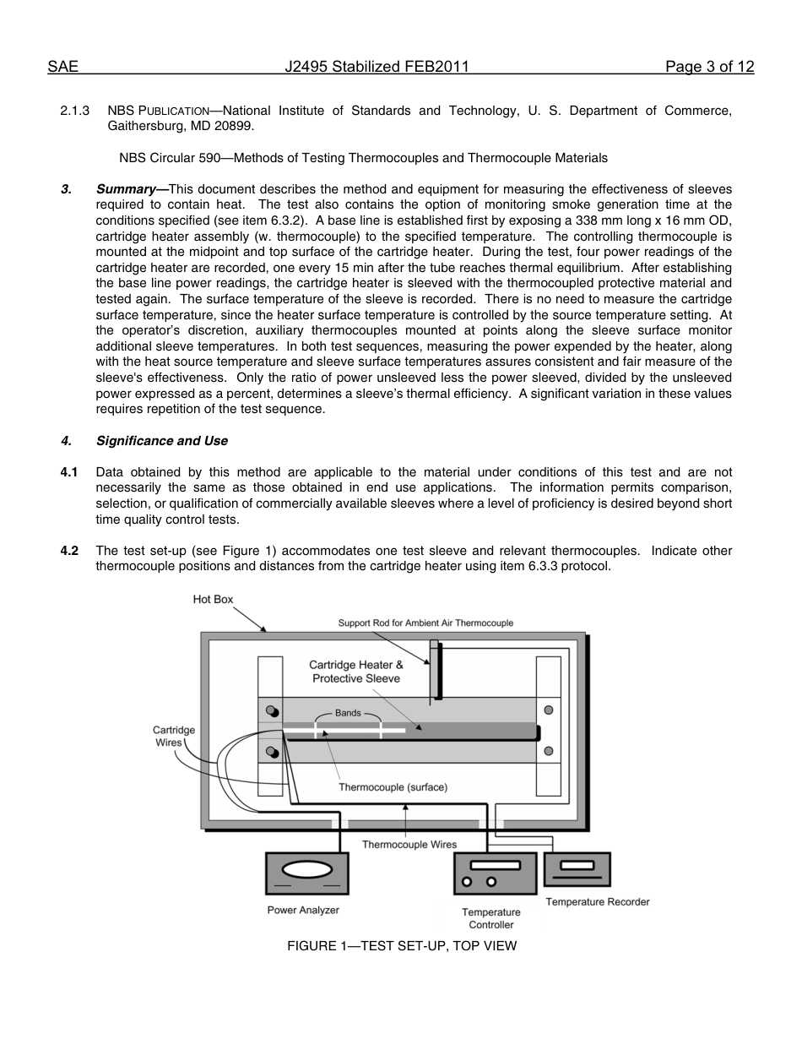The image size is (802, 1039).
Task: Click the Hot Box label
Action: click(213, 599)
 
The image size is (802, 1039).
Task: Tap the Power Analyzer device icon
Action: click(307, 873)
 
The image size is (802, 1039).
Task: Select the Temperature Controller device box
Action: click(495, 873)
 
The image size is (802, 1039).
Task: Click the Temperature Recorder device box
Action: click(577, 868)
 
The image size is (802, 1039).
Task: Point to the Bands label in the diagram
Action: click(348, 713)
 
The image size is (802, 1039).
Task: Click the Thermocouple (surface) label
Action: click(393, 786)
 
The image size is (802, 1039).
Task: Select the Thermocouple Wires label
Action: click(409, 844)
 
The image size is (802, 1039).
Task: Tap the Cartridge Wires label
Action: click(174, 736)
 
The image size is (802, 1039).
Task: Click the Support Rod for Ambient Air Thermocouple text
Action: click(425, 623)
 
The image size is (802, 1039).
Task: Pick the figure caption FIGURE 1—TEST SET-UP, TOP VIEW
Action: click(401, 946)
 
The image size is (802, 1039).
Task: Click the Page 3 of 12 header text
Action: click(709, 68)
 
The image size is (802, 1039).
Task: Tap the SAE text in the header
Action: click(62, 68)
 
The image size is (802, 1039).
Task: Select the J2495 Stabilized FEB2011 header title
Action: click(377, 68)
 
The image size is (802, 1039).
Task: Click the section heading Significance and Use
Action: click(161, 441)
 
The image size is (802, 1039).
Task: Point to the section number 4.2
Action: click(69, 551)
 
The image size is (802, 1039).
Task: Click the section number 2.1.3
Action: click(74, 111)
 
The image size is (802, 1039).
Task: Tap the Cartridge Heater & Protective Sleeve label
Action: click(355, 672)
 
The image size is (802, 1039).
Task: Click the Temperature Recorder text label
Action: click(597, 902)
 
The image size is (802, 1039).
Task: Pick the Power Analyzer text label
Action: click(303, 910)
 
